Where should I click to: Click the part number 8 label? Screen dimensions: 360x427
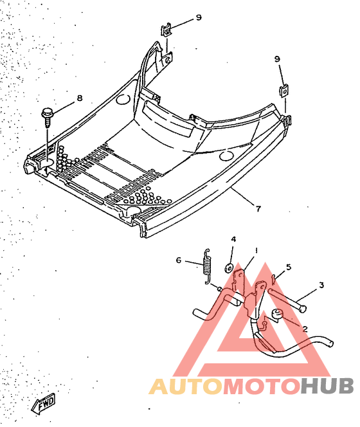(80, 98)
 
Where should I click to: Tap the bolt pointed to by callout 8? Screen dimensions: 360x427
(46, 117)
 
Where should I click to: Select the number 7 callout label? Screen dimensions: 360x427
(258, 208)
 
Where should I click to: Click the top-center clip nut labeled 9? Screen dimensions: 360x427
(166, 30)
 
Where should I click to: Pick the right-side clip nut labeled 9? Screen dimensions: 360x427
(283, 91)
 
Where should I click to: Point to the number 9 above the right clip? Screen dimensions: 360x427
(277, 59)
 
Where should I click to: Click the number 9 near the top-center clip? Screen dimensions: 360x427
(199, 17)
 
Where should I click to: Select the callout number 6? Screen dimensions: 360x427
(178, 260)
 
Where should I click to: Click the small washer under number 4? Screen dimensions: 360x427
(228, 268)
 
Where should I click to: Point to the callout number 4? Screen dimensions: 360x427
(233, 239)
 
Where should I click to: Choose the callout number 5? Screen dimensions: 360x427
(289, 267)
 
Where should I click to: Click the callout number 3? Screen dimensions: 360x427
(321, 285)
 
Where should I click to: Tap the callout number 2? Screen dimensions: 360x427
(305, 329)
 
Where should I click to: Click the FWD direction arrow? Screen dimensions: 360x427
(44, 403)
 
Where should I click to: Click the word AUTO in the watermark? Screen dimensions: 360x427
(186, 386)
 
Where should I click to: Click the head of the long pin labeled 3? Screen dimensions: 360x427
(301, 309)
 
